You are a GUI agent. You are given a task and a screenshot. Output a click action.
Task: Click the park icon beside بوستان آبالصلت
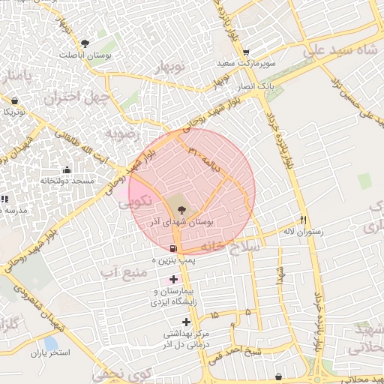85,43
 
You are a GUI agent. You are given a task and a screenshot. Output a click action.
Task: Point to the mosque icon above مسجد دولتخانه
67,169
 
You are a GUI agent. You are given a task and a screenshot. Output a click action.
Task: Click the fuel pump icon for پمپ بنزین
174,249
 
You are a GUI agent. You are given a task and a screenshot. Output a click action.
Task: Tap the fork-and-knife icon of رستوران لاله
303,220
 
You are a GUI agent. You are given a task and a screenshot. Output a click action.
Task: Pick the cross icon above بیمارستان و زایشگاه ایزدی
174,279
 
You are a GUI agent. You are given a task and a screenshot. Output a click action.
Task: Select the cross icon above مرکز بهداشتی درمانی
187,322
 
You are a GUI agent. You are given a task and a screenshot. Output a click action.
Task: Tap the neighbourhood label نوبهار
172,69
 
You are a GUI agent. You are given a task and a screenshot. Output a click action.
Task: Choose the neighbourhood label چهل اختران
71,97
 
